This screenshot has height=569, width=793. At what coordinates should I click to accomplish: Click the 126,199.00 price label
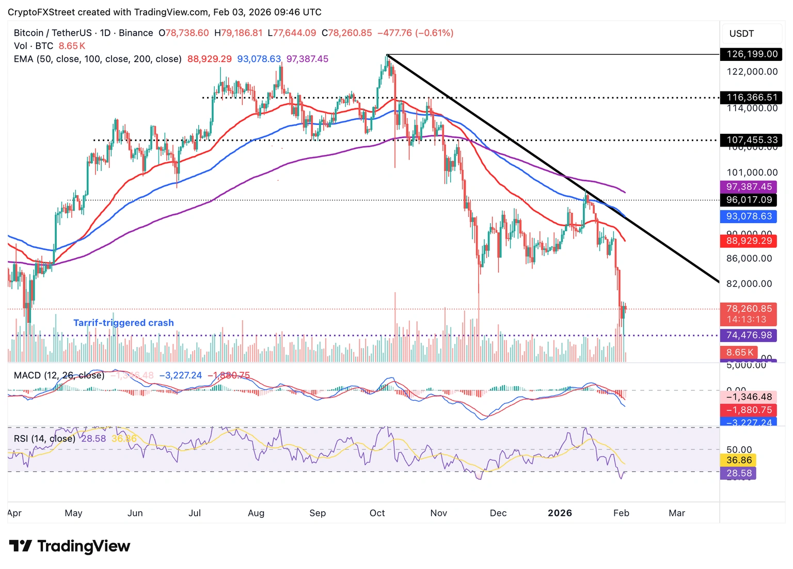tap(752, 54)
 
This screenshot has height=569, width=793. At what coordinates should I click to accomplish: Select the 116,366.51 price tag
tap(752, 97)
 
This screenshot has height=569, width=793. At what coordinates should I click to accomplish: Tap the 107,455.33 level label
tap(752, 140)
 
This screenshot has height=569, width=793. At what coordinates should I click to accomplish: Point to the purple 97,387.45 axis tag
tap(749, 187)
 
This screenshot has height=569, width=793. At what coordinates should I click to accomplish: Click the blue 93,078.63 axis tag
tap(749, 216)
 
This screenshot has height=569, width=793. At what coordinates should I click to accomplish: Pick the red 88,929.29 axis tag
tap(749, 241)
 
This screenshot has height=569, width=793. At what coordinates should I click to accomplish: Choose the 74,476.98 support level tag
tap(749, 335)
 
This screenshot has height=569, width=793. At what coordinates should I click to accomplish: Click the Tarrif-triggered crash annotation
tap(123, 323)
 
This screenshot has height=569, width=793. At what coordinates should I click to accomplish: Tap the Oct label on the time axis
tap(377, 513)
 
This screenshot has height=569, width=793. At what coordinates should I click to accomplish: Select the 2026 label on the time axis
tap(560, 513)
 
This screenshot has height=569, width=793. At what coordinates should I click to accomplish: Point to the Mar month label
tap(677, 513)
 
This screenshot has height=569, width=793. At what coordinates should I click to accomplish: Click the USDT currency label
tap(741, 34)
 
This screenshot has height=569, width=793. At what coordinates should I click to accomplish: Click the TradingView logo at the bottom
tap(70, 546)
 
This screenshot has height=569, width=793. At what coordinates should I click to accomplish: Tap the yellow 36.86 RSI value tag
tap(739, 460)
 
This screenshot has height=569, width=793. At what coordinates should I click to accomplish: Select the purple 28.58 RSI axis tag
tap(739, 473)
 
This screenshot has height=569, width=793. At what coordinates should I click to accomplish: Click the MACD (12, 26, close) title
tap(59, 375)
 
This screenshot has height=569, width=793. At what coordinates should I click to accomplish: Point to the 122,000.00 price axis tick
tap(752, 72)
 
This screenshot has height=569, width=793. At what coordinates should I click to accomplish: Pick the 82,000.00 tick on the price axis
tap(749, 283)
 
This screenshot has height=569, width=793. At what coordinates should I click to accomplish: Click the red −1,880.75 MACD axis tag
tap(749, 410)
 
